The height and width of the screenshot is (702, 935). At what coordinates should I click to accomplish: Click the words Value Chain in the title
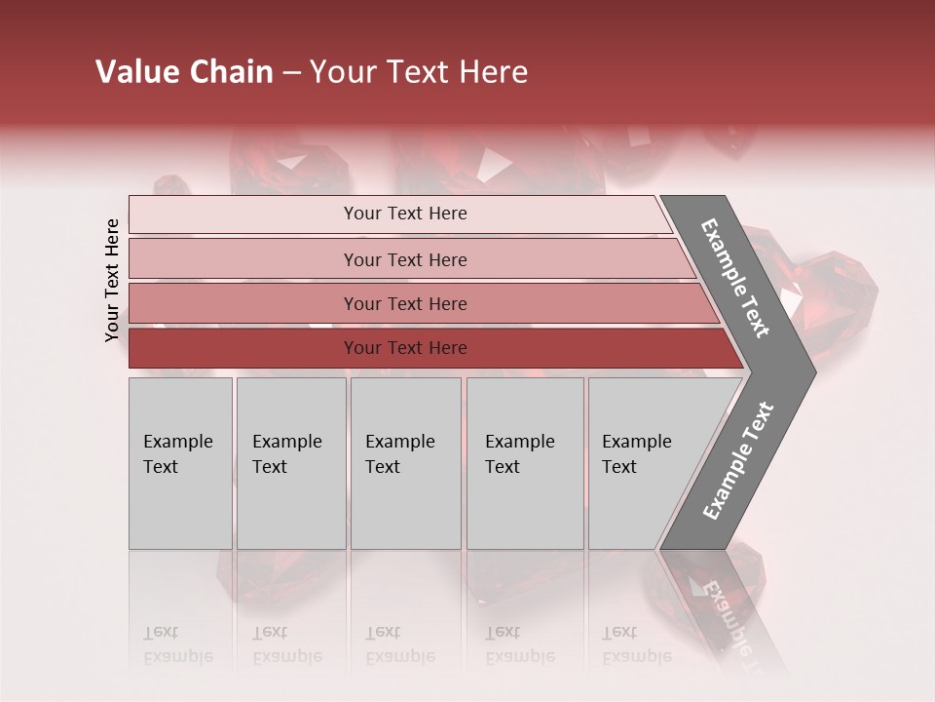point(184,72)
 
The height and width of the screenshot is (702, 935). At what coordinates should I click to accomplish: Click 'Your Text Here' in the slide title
point(419,72)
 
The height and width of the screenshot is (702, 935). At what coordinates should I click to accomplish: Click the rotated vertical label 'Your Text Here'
point(112,280)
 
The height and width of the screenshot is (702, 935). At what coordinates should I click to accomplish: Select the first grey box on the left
point(180,463)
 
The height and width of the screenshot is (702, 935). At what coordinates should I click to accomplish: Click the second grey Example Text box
point(290,463)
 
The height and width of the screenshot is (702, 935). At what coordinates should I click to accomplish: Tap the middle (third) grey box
point(405,463)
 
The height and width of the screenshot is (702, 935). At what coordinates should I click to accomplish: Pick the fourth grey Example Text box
point(525,463)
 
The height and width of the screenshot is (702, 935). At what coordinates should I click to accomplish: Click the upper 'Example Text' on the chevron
point(735,278)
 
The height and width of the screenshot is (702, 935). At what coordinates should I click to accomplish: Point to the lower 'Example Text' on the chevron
point(737,460)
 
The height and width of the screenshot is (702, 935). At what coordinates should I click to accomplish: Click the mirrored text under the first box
point(178,644)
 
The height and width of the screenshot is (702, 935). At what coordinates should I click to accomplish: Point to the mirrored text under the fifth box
point(637,644)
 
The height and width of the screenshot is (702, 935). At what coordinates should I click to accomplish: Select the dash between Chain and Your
point(291,73)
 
